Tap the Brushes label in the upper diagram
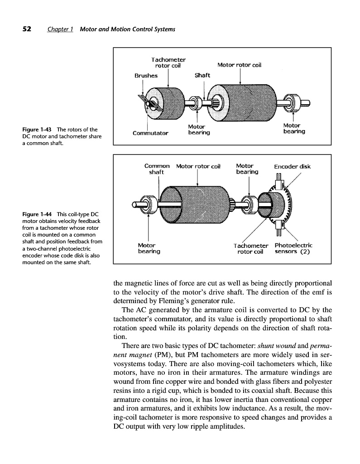(x=146, y=76)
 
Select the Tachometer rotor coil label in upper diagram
(x=168, y=62)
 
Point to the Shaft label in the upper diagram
(x=202, y=75)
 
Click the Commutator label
(x=150, y=133)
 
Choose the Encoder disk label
(x=293, y=166)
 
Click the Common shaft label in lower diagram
(x=157, y=169)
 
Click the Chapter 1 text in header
(x=61, y=29)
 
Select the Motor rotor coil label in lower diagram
(x=198, y=166)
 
